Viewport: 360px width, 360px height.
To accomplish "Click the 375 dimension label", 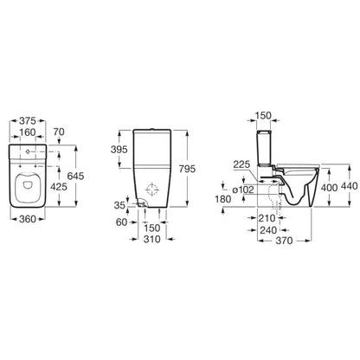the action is coord(28,120).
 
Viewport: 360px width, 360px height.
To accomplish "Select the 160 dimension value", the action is coord(28,132).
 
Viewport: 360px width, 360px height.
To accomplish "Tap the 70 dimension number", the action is coord(59,132).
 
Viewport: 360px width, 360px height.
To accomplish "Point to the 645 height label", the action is coord(75,176).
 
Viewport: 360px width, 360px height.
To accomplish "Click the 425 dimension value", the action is coord(59,187).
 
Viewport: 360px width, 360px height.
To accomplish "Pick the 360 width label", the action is coord(28,219).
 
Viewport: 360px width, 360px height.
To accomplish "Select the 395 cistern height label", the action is coord(119,150).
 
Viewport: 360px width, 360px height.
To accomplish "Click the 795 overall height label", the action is coord(187,169).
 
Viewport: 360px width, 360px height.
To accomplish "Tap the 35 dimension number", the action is coord(119,205).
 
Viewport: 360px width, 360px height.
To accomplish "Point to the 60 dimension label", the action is coord(121,222).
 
